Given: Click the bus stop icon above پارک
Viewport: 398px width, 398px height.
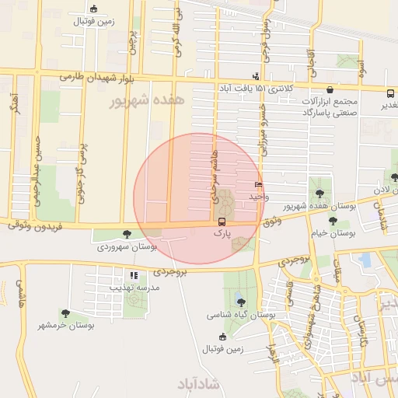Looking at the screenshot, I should tap(223, 222).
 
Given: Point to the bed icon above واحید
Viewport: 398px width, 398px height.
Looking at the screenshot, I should tap(258, 185).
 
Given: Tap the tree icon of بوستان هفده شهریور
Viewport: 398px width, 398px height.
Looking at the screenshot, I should tap(319, 193).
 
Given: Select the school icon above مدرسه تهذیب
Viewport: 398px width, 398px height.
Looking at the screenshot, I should tap(134, 275).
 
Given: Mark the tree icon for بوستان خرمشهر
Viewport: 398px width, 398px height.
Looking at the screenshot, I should tap(65, 313).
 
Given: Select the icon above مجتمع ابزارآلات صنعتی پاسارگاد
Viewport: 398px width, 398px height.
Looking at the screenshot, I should tap(332, 90).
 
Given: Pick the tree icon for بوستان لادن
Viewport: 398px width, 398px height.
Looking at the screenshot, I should tap(396, 177).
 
